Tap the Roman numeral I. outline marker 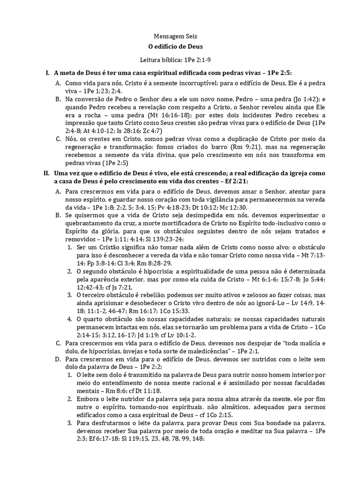tap(47, 73)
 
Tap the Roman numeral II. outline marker tap(46, 173)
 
